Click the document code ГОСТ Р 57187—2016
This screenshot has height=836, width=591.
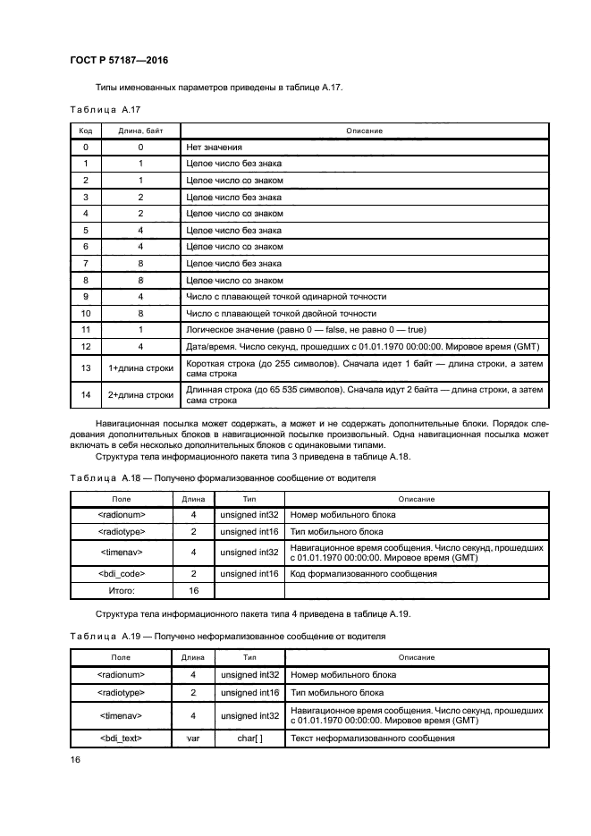118,61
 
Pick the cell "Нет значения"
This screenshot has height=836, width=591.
215,147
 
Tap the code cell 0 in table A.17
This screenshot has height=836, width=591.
86,147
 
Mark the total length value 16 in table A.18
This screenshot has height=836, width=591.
193,591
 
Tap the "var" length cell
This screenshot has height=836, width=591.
193,739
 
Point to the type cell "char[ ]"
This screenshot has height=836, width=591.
249,739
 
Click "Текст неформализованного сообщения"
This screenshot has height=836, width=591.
373,739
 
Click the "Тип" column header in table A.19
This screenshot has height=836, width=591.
249,657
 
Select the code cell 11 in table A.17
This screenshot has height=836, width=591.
86,330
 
